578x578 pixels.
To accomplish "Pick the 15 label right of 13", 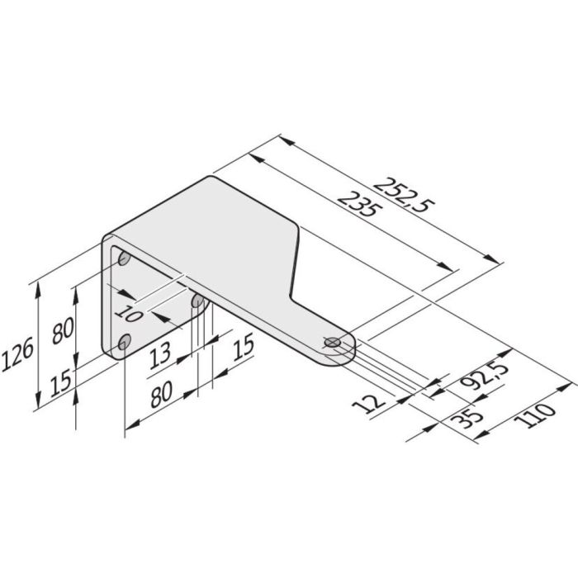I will [241, 346].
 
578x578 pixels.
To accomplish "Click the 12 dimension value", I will [374, 404].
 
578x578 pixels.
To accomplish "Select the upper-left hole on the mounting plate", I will [124, 259].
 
